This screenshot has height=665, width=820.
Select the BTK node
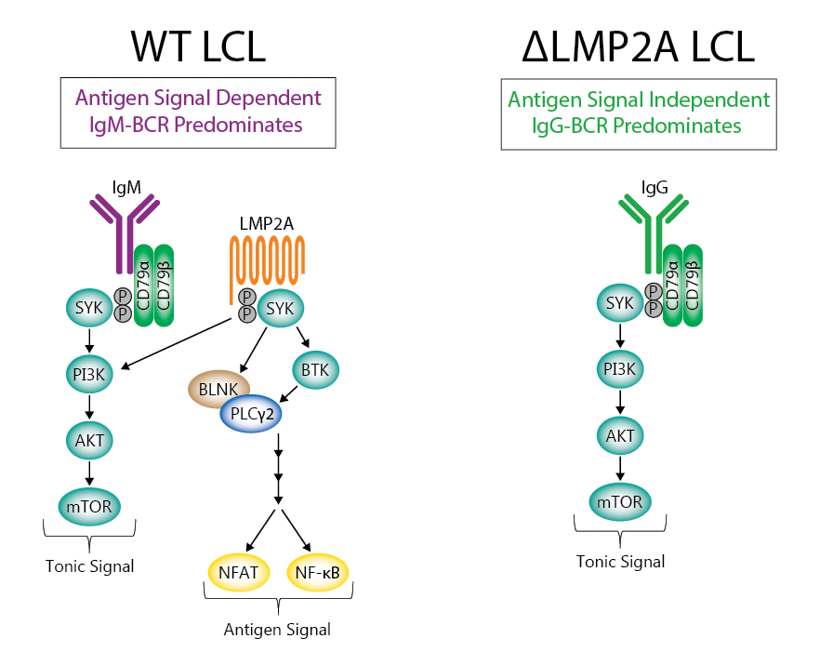[x=316, y=371]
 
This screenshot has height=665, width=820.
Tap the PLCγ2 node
[x=251, y=415]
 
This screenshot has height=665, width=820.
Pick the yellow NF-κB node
[x=317, y=571]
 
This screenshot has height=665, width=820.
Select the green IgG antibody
[x=653, y=228]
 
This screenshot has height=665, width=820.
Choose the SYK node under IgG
[x=619, y=303]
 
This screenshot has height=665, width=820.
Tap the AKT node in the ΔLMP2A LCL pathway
[x=620, y=435]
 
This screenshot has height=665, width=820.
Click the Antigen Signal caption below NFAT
[x=276, y=630]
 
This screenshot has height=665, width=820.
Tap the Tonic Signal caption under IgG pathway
[x=620, y=562]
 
